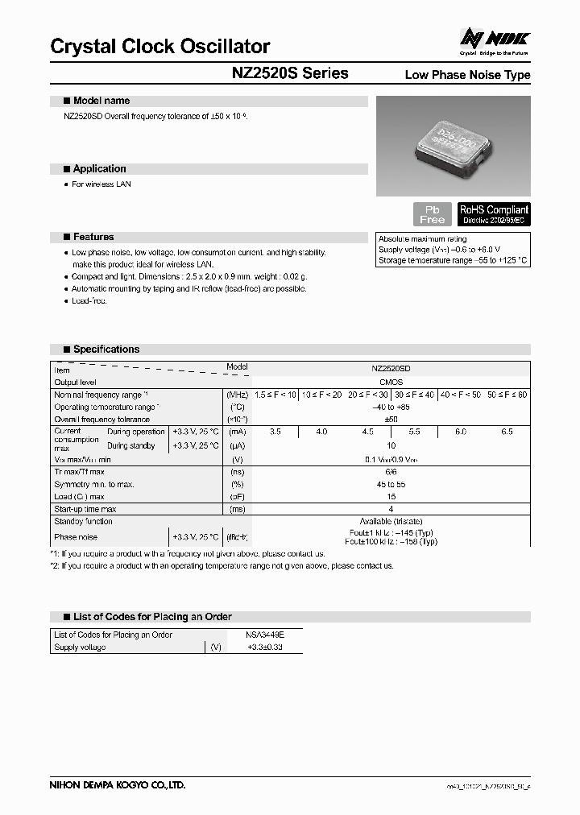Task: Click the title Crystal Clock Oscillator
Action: (x=159, y=47)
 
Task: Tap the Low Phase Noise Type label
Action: (x=467, y=75)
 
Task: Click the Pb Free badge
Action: (x=433, y=214)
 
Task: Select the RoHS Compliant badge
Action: (x=494, y=213)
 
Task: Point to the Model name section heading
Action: (x=101, y=101)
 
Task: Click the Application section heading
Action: (x=99, y=169)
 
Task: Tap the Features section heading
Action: (x=93, y=237)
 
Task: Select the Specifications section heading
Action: (x=106, y=350)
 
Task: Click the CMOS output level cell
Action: (x=391, y=382)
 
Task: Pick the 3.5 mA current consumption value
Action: (x=275, y=432)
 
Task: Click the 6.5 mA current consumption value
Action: (x=507, y=432)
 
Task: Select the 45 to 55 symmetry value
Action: (x=391, y=484)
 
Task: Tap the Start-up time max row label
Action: (x=85, y=509)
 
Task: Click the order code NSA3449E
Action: (x=263, y=635)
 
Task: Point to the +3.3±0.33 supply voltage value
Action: (x=263, y=647)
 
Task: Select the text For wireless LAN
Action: (x=101, y=184)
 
